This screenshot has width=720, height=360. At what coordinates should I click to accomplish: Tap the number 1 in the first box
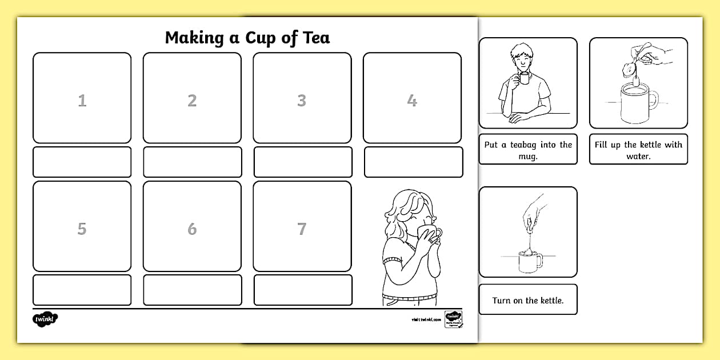(x=82, y=101)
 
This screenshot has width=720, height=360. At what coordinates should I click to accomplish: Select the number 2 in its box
(x=192, y=101)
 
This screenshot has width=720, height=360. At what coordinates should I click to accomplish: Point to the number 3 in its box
(x=302, y=101)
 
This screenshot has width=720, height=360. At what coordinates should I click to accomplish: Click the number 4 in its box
(x=412, y=101)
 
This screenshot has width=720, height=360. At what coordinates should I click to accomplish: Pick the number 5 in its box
(x=82, y=229)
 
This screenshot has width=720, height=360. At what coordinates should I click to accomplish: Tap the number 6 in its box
(x=192, y=229)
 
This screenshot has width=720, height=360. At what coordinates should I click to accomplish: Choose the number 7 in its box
(x=302, y=229)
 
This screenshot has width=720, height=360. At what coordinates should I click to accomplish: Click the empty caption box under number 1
(x=82, y=162)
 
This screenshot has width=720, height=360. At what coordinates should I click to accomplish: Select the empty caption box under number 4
(x=413, y=162)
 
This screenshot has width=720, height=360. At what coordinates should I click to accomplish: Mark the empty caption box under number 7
(x=302, y=290)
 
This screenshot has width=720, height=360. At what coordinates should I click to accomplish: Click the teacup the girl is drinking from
(x=430, y=234)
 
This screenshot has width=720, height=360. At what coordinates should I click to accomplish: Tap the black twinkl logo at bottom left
(x=46, y=319)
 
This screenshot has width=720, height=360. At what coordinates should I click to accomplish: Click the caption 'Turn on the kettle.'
(x=527, y=300)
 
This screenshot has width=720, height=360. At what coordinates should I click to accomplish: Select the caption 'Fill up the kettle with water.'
(x=638, y=150)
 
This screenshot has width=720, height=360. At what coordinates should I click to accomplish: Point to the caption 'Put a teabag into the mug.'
(x=527, y=150)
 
